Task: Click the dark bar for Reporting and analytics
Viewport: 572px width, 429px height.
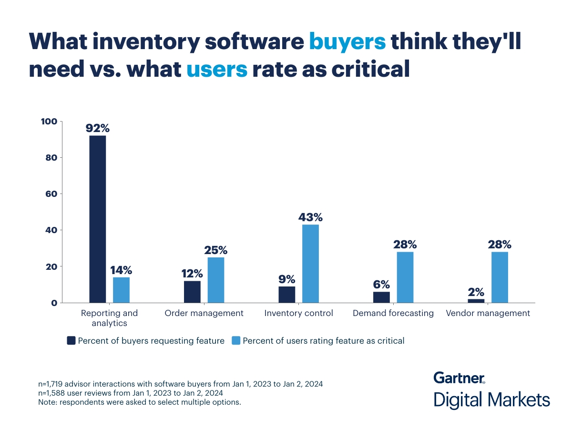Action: pos(98,219)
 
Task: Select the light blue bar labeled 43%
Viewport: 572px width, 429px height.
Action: pos(310,264)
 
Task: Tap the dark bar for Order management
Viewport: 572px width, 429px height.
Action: pos(192,292)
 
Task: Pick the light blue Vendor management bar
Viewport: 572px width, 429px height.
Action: pos(500,277)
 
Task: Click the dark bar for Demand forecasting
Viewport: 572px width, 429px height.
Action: pos(381,297)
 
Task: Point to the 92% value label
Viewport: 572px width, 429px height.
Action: pos(98,128)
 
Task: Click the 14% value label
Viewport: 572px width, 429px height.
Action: pos(121,270)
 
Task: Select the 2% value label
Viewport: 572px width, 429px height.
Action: pos(476,292)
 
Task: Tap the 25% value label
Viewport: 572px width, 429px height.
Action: pos(216,250)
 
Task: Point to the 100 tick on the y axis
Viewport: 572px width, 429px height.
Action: pos(50,122)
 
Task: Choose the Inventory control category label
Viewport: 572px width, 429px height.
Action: pos(298,313)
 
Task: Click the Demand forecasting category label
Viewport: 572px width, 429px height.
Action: pos(393,313)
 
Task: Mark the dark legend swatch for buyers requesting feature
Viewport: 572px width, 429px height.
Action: pos(71,340)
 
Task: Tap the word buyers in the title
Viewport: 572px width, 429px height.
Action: pos(347,42)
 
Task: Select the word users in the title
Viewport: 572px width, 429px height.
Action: pos(217,69)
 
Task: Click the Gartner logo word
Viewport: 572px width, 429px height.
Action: pos(459,378)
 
